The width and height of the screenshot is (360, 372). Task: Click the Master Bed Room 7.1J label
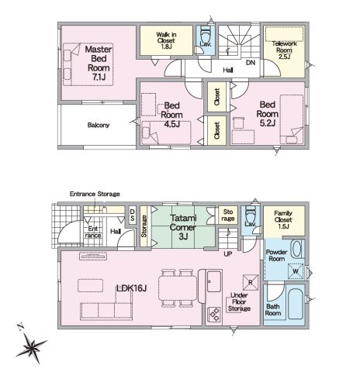pyautogui.click(x=99, y=63)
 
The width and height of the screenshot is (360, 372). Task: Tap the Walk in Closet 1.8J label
pyautogui.click(x=166, y=40)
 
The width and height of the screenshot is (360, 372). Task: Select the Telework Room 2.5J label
pyautogui.click(x=284, y=50)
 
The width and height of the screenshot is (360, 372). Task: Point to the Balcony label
pyautogui.click(x=99, y=126)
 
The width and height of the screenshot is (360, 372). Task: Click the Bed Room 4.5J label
pyautogui.click(x=171, y=115)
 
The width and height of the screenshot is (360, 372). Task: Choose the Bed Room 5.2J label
pyautogui.click(x=268, y=114)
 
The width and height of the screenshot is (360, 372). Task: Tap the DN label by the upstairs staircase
pyautogui.click(x=251, y=63)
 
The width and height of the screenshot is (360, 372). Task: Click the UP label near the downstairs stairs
pyautogui.click(x=228, y=254)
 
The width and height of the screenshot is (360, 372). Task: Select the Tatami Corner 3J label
pyautogui.click(x=183, y=227)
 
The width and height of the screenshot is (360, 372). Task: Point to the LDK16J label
pyautogui.click(x=131, y=288)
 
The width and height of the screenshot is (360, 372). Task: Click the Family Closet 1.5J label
pyautogui.click(x=283, y=219)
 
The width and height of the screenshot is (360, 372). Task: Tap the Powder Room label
pyautogui.click(x=276, y=255)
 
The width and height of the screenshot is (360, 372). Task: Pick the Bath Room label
pyautogui.click(x=273, y=310)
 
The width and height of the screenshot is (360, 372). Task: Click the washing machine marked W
pyautogui.click(x=296, y=271)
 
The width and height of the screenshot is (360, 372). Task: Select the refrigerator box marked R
pyautogui.click(x=251, y=282)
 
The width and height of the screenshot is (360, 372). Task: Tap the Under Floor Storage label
pyautogui.click(x=239, y=301)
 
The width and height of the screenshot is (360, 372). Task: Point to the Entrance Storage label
pyautogui.click(x=95, y=194)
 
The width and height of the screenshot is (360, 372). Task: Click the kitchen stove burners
pyautogui.click(x=214, y=314)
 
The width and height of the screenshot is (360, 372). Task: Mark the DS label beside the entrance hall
pyautogui.click(x=132, y=215)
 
